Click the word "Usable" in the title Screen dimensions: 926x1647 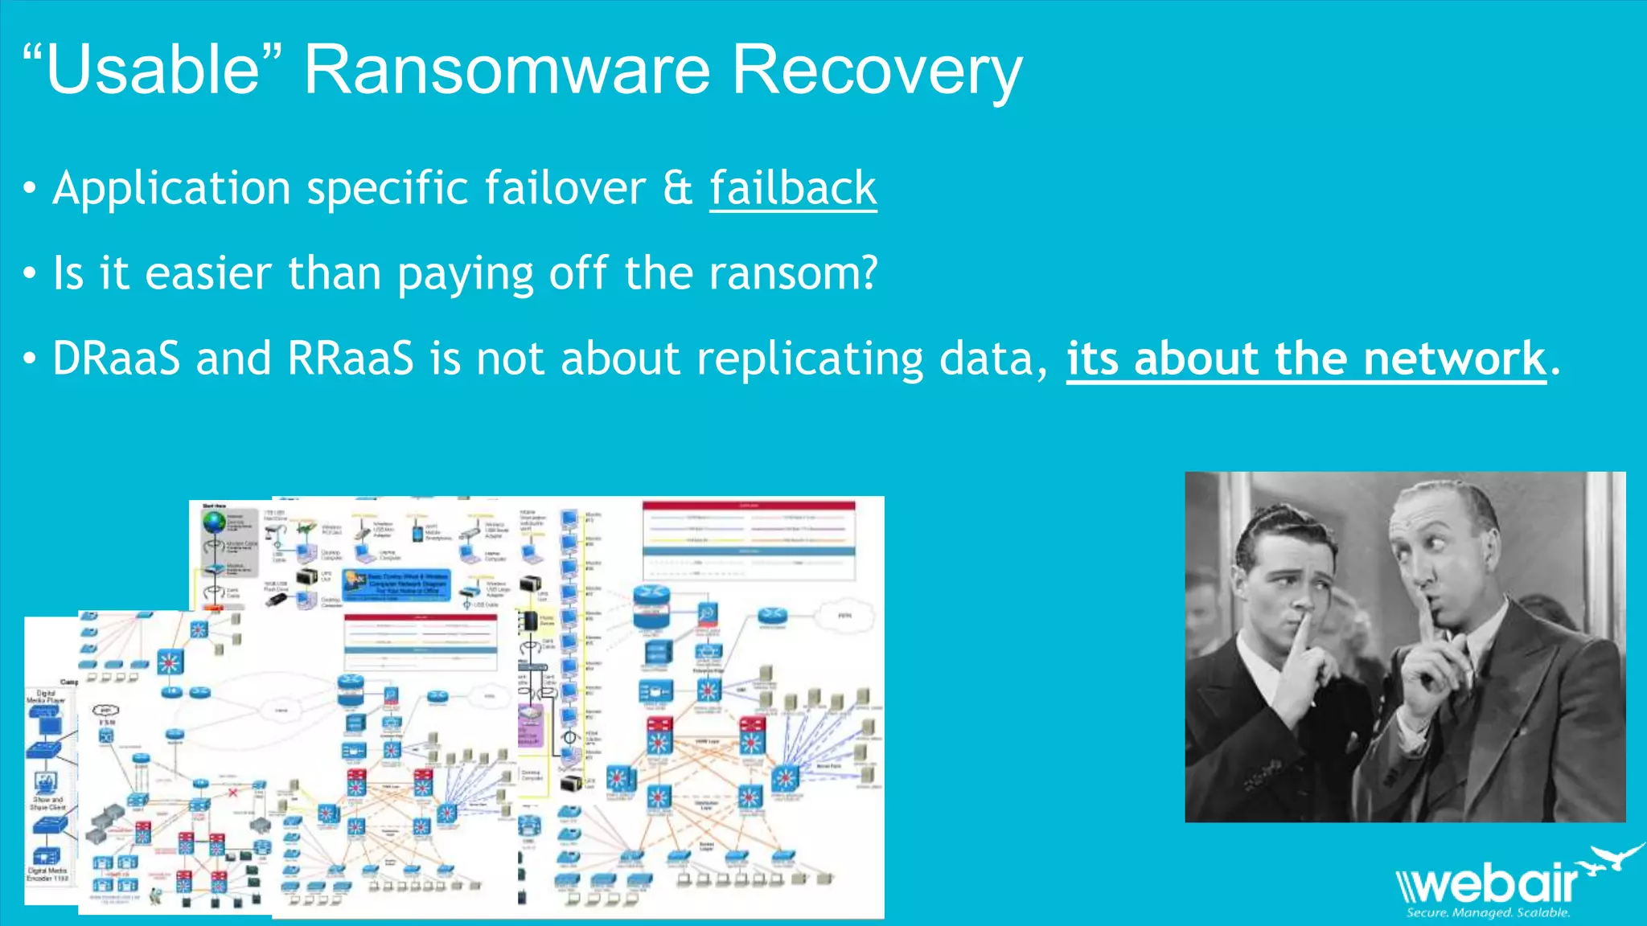(153, 70)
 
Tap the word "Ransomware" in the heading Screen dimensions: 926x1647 (507, 70)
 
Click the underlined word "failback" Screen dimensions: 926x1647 (793, 189)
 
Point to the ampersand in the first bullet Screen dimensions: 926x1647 (678, 189)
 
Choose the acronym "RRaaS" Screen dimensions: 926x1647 (351, 359)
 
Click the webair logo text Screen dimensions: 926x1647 (1488, 884)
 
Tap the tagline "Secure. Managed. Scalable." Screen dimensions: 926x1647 (1488, 913)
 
